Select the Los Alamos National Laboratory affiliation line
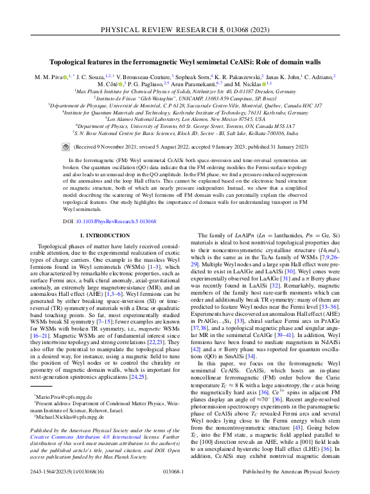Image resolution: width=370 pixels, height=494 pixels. point(185,119)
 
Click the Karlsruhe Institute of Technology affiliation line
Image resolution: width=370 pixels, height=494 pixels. point(185,112)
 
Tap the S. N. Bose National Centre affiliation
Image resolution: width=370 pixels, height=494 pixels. point(185,133)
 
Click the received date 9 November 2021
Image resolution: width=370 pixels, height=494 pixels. point(113,145)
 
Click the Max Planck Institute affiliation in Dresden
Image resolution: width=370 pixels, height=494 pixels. point(185,91)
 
